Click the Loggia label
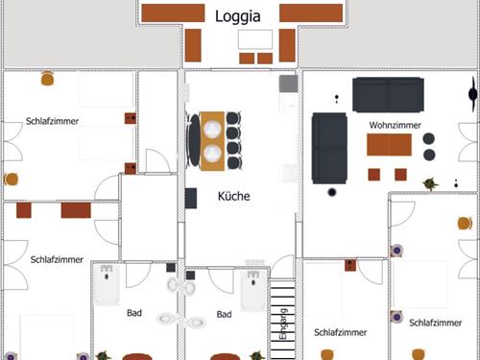point(237,16)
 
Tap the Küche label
point(234,196)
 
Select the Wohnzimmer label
point(395,125)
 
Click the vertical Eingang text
point(283,324)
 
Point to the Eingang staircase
point(282,320)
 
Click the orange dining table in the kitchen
point(212,141)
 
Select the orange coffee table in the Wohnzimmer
point(389,145)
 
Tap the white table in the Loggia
point(255,39)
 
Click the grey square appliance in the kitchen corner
point(288,84)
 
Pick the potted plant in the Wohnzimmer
point(430,184)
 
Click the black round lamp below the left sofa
point(332,192)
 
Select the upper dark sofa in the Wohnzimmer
point(388,95)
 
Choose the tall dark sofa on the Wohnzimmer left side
point(329,148)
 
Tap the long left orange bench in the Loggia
point(173,13)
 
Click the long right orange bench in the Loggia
point(311,13)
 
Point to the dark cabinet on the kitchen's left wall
point(191,198)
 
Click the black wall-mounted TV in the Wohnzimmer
point(472,94)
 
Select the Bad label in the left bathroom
point(134,313)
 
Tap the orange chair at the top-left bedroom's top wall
point(47,79)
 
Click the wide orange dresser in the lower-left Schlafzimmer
point(76,210)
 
